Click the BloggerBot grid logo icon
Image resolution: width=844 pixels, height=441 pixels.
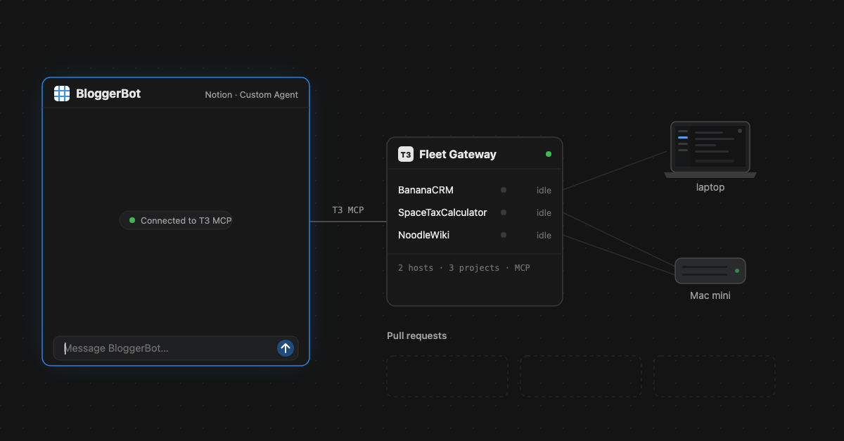(62, 94)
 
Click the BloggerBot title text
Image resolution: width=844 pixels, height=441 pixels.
(108, 94)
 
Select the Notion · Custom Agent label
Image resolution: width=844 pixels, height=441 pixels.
(251, 95)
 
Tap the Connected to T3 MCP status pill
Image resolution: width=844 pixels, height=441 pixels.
(176, 221)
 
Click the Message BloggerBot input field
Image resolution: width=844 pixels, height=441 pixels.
(176, 348)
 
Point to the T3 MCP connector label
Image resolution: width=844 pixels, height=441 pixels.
(347, 210)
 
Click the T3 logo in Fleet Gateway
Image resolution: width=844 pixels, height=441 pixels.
(406, 154)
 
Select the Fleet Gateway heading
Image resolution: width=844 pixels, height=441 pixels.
(458, 154)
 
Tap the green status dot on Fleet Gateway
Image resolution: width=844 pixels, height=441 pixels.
(549, 154)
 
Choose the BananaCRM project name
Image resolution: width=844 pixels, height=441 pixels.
(426, 190)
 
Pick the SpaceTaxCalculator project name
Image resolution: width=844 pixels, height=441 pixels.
(442, 212)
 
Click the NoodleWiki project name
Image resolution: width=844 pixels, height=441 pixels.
(423, 235)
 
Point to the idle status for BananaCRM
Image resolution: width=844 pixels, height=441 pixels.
(544, 191)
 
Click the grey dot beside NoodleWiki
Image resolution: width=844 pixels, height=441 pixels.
(504, 235)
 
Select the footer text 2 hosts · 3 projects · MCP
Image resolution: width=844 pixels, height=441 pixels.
(463, 268)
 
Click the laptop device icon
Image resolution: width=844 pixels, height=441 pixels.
(710, 149)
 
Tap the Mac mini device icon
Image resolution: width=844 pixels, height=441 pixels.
(710, 271)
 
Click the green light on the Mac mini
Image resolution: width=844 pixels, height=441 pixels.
(737, 271)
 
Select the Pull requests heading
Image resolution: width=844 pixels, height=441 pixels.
(416, 335)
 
